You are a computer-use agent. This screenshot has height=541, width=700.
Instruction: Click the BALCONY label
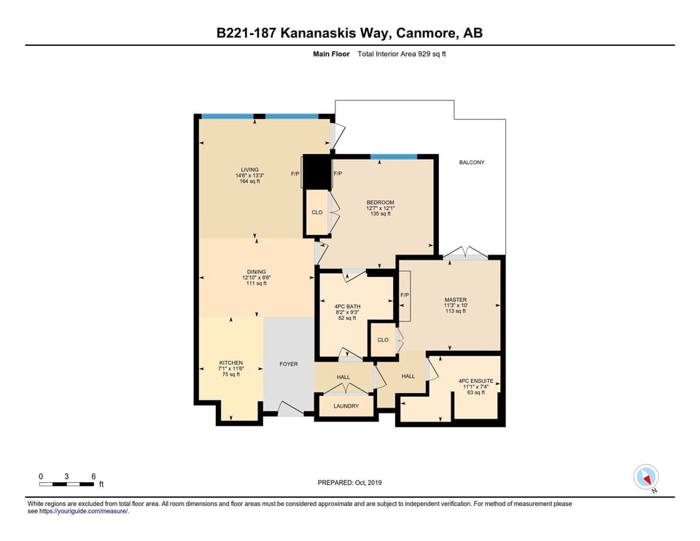pos(472,163)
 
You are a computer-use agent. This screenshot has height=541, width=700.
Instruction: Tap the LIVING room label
pos(249,170)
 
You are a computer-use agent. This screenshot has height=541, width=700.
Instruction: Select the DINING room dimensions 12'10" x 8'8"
pos(257,278)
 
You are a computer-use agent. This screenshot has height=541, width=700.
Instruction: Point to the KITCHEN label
pos(231,363)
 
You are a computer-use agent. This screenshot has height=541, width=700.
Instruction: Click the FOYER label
pos(289,365)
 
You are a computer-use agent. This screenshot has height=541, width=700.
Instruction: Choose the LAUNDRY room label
pos(346,406)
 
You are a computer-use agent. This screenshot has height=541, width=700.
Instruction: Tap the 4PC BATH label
pos(347,307)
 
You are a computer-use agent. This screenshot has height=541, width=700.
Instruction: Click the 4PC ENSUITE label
pos(476,381)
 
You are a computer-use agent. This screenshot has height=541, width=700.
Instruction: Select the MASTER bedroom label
pos(455,300)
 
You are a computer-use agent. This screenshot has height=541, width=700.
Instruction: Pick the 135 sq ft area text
pos(381,214)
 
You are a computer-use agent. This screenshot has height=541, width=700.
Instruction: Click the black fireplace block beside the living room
pos(317,172)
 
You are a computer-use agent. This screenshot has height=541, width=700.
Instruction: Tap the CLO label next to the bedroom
pos(317,212)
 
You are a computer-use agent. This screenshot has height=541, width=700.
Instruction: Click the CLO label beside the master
pos(383,340)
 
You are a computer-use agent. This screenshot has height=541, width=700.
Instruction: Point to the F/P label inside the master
pos(405,295)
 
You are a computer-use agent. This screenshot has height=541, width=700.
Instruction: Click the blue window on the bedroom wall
pos(394,157)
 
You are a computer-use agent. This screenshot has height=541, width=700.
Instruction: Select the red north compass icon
pos(646,477)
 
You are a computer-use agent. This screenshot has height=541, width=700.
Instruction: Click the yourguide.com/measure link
pos(84,512)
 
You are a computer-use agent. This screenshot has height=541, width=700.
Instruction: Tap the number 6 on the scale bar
pos(93,476)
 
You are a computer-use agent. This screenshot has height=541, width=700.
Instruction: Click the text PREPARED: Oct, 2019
pos(349,483)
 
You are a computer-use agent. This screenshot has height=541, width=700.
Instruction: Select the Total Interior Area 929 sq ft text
pos(402,54)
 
